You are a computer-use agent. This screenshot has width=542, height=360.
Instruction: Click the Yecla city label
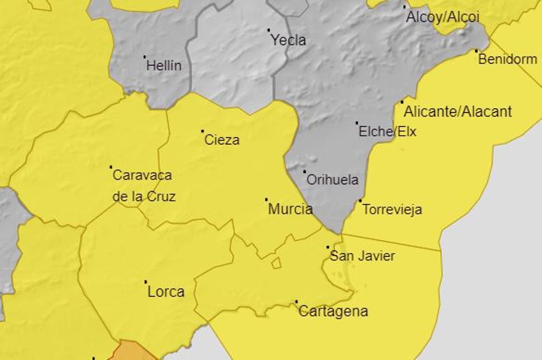[x=288, y=40]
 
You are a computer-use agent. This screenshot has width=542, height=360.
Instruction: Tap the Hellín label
[x=164, y=65]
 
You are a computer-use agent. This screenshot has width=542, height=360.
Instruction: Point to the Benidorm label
[x=508, y=59]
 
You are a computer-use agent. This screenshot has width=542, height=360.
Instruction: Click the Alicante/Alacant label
[x=458, y=111]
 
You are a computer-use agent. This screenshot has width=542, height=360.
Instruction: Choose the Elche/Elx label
[x=387, y=131]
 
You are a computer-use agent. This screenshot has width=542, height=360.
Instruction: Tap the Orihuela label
[x=332, y=180]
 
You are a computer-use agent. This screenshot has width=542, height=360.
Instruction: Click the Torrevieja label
[x=392, y=210]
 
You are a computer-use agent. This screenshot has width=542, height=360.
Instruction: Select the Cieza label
[x=222, y=140]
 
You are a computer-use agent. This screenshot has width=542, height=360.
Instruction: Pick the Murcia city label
[x=290, y=209]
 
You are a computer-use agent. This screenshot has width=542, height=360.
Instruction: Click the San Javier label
[x=362, y=256]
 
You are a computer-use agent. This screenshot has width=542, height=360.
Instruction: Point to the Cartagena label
[x=333, y=311]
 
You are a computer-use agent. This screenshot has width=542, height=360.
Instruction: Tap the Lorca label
[x=166, y=292]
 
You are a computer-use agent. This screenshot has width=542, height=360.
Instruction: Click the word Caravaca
[x=142, y=175]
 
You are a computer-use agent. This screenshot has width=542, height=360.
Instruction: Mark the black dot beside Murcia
[x=266, y=199]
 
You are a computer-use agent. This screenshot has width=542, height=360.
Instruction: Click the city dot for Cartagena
[x=296, y=301]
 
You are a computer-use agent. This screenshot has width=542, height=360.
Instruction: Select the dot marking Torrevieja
[x=360, y=201]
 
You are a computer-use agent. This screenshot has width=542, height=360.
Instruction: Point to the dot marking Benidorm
[x=476, y=51]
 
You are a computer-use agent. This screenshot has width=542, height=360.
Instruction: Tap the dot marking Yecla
[x=269, y=30]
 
